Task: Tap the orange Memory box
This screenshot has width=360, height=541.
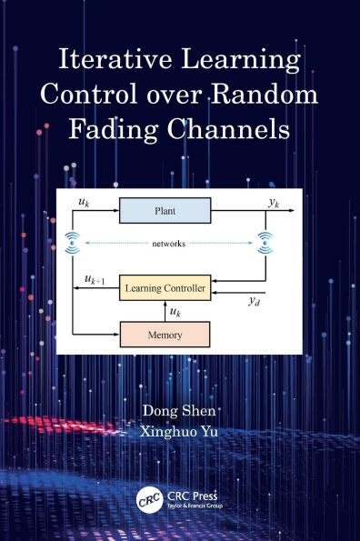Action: pos(165,335)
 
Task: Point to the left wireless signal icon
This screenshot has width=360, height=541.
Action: pos(73,241)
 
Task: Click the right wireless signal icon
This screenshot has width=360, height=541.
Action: pos(265,241)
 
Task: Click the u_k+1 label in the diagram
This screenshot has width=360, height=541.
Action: pos(95,281)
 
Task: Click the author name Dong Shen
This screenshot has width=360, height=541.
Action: pos(181,411)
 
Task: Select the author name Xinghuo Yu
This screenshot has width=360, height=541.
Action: pos(181,433)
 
